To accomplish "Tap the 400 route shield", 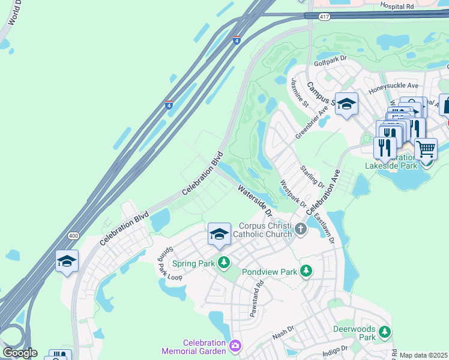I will [73, 235].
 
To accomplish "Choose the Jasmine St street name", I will [299, 92].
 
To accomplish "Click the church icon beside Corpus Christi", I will [300, 229].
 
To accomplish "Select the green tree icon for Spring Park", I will [223, 262].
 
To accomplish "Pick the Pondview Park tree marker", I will [306, 272].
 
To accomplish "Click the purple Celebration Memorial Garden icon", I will [235, 345].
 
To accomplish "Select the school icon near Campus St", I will [346, 104].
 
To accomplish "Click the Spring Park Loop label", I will [165, 264].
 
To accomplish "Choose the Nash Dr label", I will [283, 329].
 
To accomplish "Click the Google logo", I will [20, 352].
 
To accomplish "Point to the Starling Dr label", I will [312, 176].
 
